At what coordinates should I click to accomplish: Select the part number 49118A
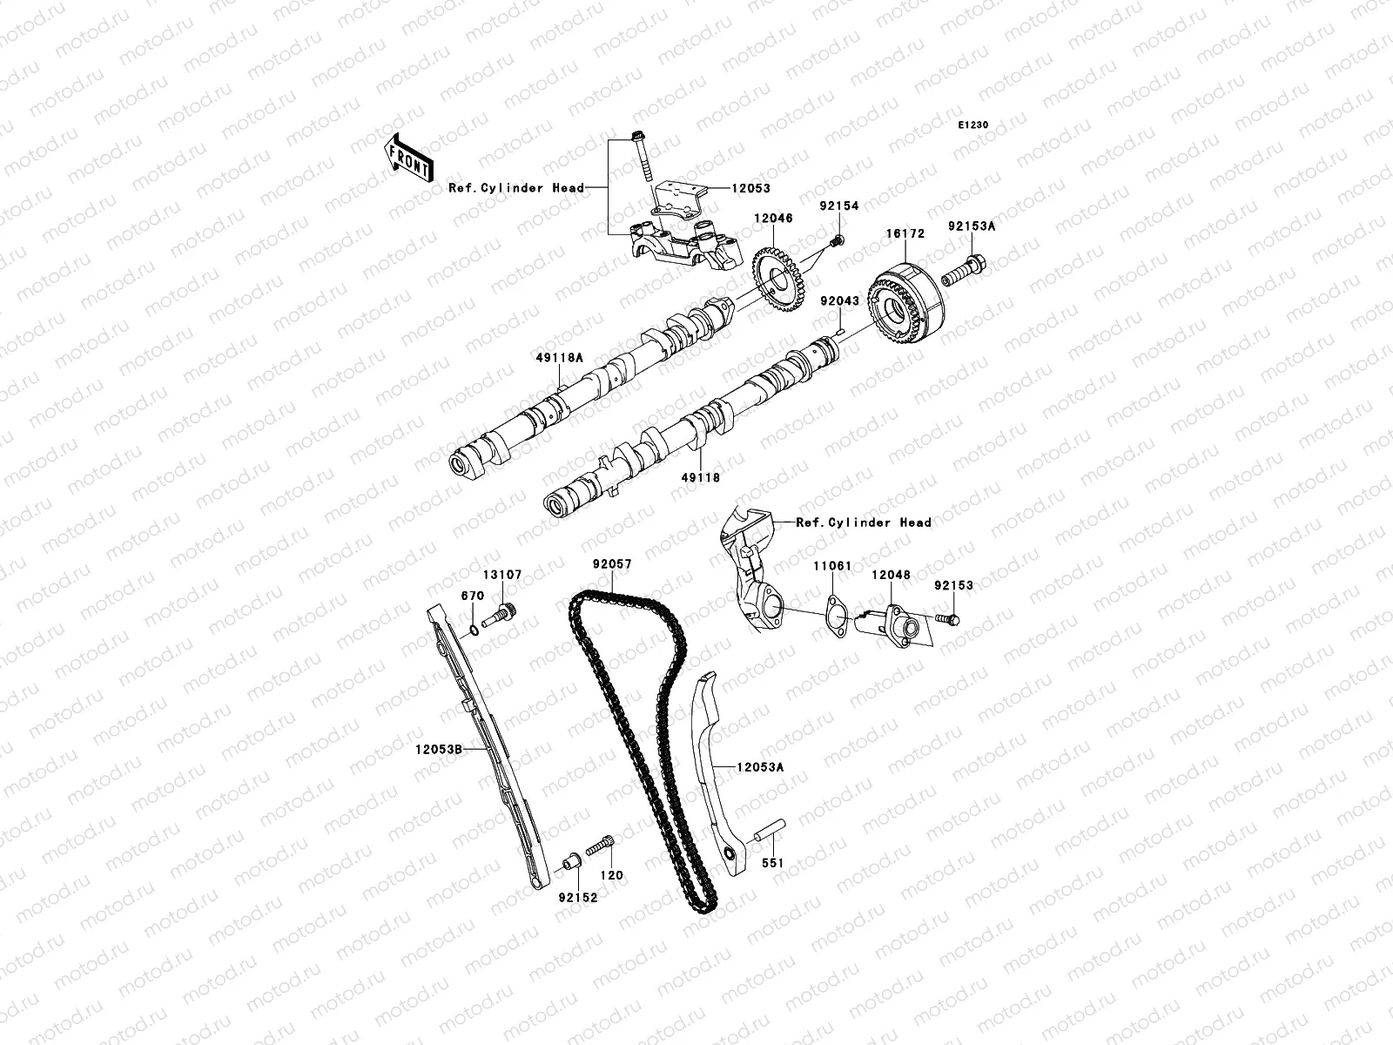point(561,381)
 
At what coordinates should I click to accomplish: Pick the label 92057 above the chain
point(612,564)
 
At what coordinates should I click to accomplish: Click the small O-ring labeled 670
point(471,630)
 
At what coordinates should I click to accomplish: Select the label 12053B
point(438,748)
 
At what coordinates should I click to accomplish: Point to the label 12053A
point(760,767)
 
